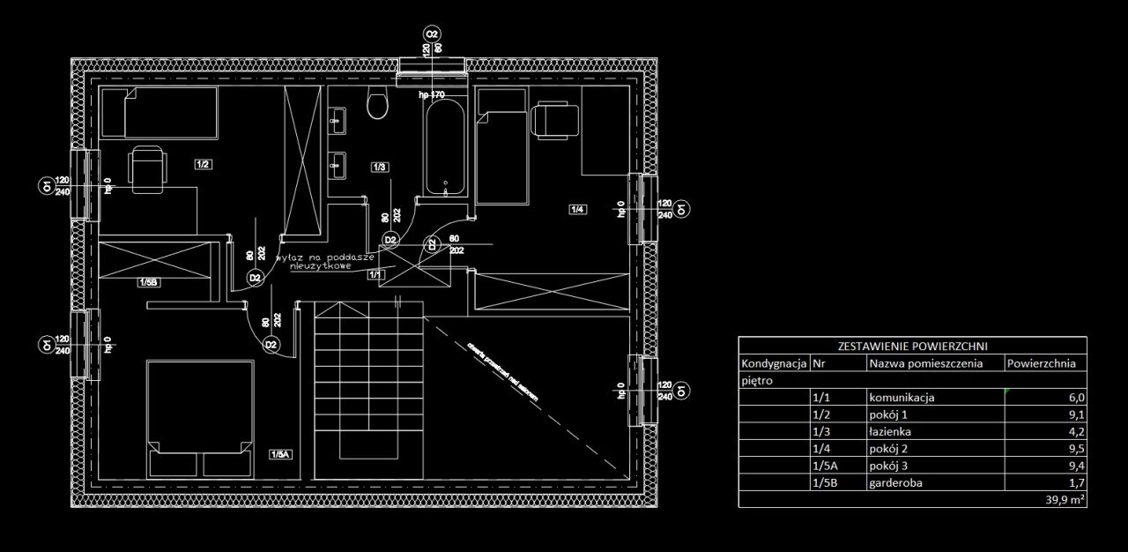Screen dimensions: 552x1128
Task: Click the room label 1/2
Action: point(203,164)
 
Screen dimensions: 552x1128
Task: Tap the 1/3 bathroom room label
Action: point(381,167)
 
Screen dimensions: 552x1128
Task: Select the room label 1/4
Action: point(578,209)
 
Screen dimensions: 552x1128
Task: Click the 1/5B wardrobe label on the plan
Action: point(148,283)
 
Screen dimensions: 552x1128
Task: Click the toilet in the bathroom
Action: point(377,105)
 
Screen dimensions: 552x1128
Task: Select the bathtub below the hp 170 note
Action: point(447,148)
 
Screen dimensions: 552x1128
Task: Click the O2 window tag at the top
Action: point(432,34)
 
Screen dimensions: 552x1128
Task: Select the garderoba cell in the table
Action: point(895,483)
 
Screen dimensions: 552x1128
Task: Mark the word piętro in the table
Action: point(757,381)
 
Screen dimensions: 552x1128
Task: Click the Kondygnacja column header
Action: point(774,363)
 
